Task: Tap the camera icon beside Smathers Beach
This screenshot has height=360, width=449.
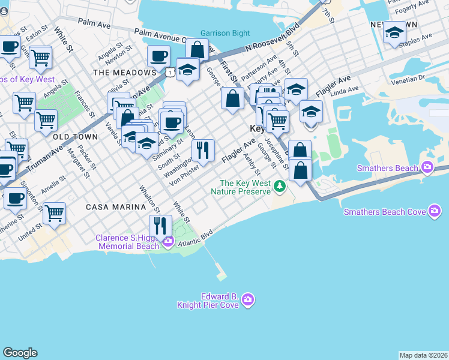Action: click(x=427, y=167)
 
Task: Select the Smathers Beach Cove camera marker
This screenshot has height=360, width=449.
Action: click(x=435, y=211)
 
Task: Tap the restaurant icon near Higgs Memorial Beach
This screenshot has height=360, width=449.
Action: click(x=160, y=226)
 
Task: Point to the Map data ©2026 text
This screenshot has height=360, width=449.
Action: click(x=423, y=355)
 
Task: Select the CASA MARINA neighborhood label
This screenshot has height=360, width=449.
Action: click(x=116, y=207)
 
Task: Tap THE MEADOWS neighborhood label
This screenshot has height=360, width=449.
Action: click(x=125, y=73)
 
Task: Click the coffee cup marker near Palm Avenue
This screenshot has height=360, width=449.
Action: click(x=158, y=56)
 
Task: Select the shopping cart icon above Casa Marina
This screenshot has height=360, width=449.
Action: click(x=55, y=212)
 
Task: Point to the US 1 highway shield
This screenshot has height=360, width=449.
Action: click(x=172, y=71)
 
